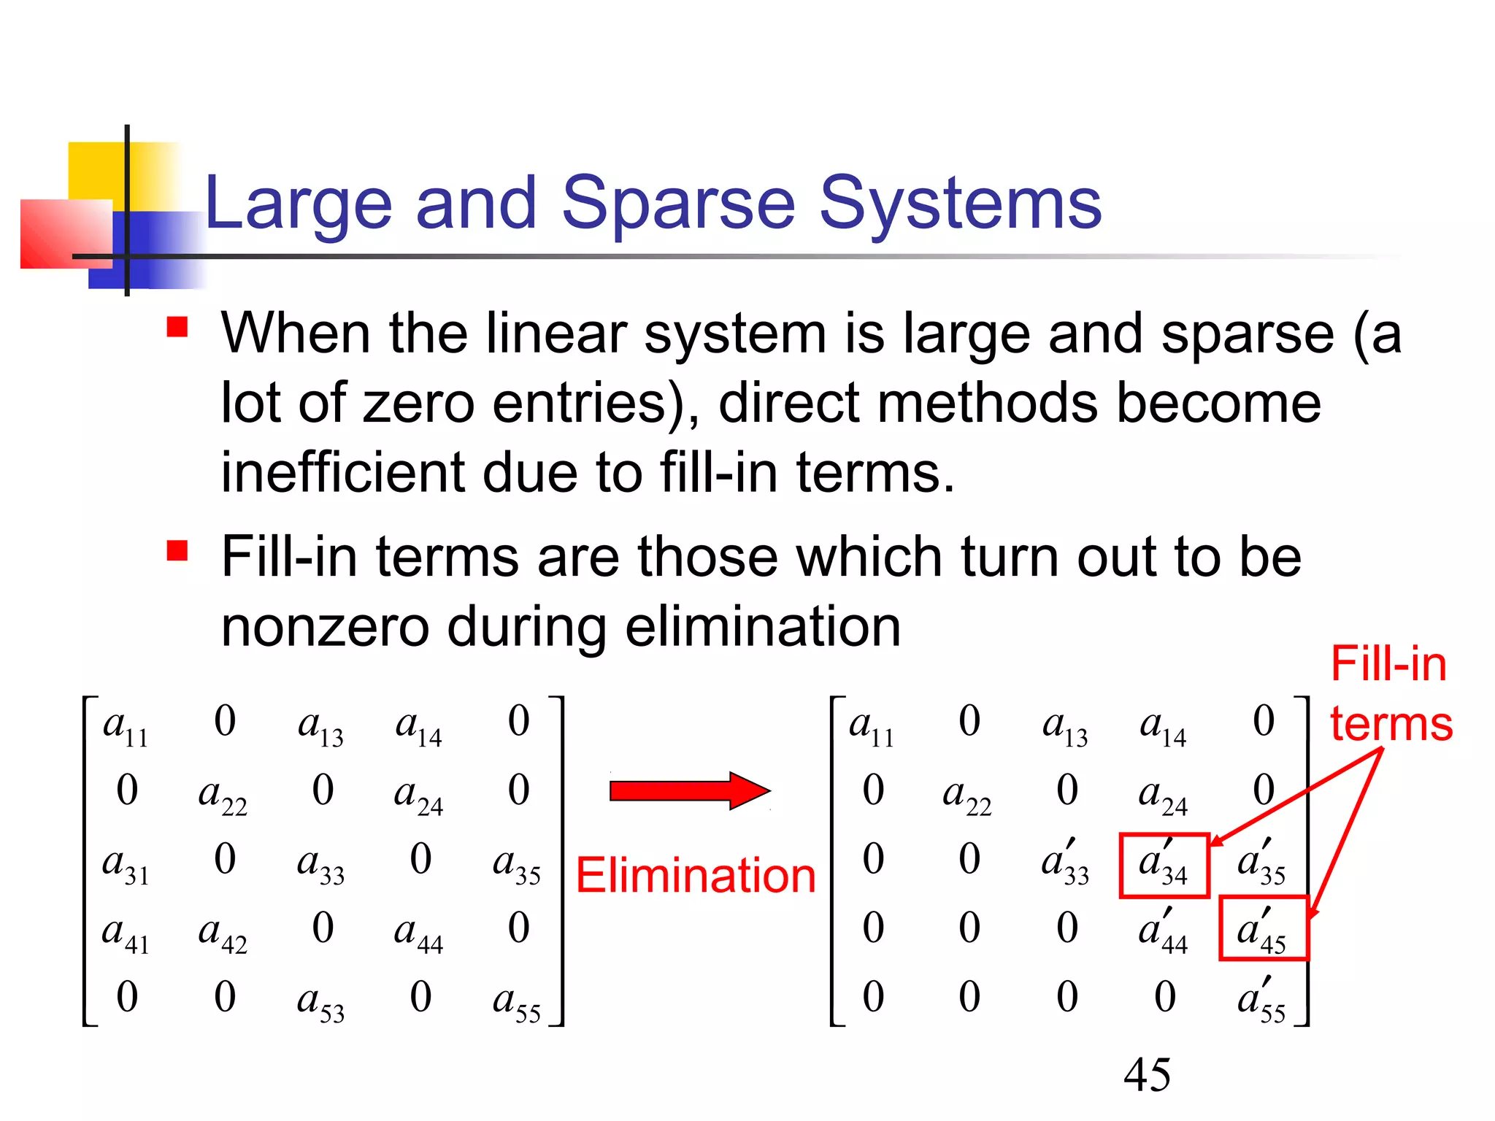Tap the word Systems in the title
click(959, 204)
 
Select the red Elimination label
click(696, 875)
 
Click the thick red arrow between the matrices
click(689, 790)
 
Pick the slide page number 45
click(1147, 1075)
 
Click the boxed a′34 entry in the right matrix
click(1164, 865)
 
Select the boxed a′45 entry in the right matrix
click(1263, 928)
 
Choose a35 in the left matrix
click(517, 865)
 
